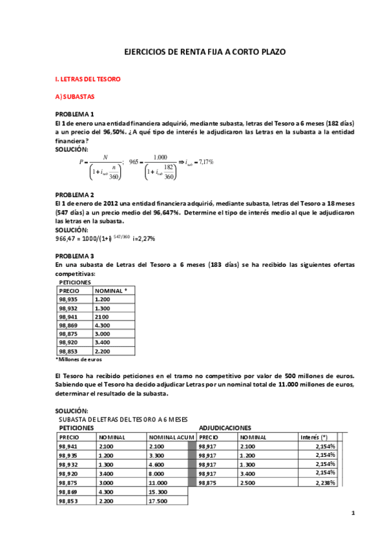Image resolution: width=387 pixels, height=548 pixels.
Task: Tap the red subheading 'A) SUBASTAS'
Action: (74, 97)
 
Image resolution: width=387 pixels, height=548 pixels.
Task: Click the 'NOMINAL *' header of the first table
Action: (110, 291)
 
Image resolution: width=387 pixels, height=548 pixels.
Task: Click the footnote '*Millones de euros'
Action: (78, 359)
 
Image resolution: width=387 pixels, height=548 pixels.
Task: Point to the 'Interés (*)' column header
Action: (315, 437)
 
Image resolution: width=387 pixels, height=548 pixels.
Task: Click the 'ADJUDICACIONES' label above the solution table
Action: (225, 428)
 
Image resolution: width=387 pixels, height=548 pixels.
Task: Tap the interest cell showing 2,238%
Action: (325, 483)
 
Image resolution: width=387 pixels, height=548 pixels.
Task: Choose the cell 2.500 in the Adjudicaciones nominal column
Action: (248, 483)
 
